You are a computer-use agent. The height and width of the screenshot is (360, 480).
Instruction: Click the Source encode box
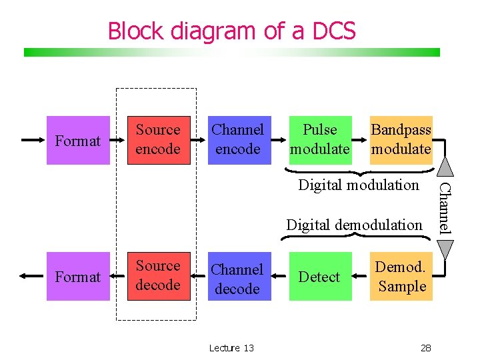pos(158,139)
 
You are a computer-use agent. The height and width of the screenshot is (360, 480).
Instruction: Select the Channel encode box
pos(238,139)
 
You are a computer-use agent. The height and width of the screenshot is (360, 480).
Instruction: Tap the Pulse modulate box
pos(320,139)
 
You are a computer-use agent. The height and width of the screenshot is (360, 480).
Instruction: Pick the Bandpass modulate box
pos(401,139)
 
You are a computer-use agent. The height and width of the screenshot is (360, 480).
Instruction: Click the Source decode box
pos(158,276)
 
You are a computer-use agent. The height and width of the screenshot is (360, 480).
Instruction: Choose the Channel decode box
pos(238,278)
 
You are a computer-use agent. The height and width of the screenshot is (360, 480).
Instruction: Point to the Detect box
pos(320,277)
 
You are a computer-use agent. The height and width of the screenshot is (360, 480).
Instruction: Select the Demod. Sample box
pos(401,277)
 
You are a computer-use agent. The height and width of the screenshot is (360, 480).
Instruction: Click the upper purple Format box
pos(78,141)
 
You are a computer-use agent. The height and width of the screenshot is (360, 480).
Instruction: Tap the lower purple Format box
pos(78,277)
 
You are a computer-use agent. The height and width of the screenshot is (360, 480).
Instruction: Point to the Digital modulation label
pos(359,185)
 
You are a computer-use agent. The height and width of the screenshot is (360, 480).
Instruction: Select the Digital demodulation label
pos(354,225)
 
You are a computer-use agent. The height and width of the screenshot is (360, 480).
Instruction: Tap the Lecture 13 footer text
pos(231,348)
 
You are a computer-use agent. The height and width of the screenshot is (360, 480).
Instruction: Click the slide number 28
pos(427,348)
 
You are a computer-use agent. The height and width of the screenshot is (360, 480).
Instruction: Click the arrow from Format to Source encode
pos(119,141)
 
